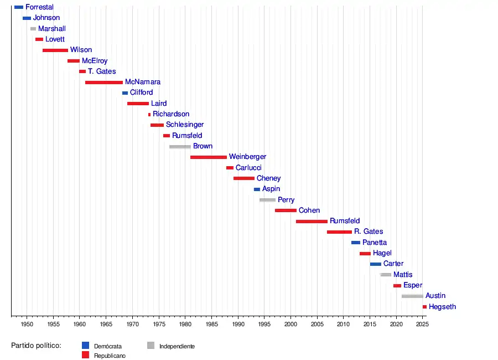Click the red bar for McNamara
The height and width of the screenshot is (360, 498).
(104, 83)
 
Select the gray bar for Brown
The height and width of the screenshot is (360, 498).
(180, 147)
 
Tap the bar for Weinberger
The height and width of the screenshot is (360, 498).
(208, 157)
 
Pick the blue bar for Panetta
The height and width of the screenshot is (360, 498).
(356, 243)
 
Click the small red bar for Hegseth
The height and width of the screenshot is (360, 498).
(424, 307)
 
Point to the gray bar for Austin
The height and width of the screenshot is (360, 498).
(412, 296)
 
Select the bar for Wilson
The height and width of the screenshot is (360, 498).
(55, 50)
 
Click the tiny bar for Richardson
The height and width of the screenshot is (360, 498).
(149, 115)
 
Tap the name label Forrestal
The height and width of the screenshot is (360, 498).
(39, 7)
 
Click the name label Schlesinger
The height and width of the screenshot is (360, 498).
(185, 125)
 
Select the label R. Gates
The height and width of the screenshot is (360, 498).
(369, 232)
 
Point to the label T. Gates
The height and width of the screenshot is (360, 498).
(102, 72)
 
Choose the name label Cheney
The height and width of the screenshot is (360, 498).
(268, 179)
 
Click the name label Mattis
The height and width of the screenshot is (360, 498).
(403, 275)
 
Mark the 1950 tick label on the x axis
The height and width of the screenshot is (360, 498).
(27, 323)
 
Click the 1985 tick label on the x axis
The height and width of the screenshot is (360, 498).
(211, 323)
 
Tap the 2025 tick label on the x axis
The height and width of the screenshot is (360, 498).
(422, 323)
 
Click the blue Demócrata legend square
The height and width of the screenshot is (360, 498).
(85, 345)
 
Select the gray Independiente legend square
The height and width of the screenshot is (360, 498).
(151, 345)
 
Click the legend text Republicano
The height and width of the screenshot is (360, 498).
(110, 356)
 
